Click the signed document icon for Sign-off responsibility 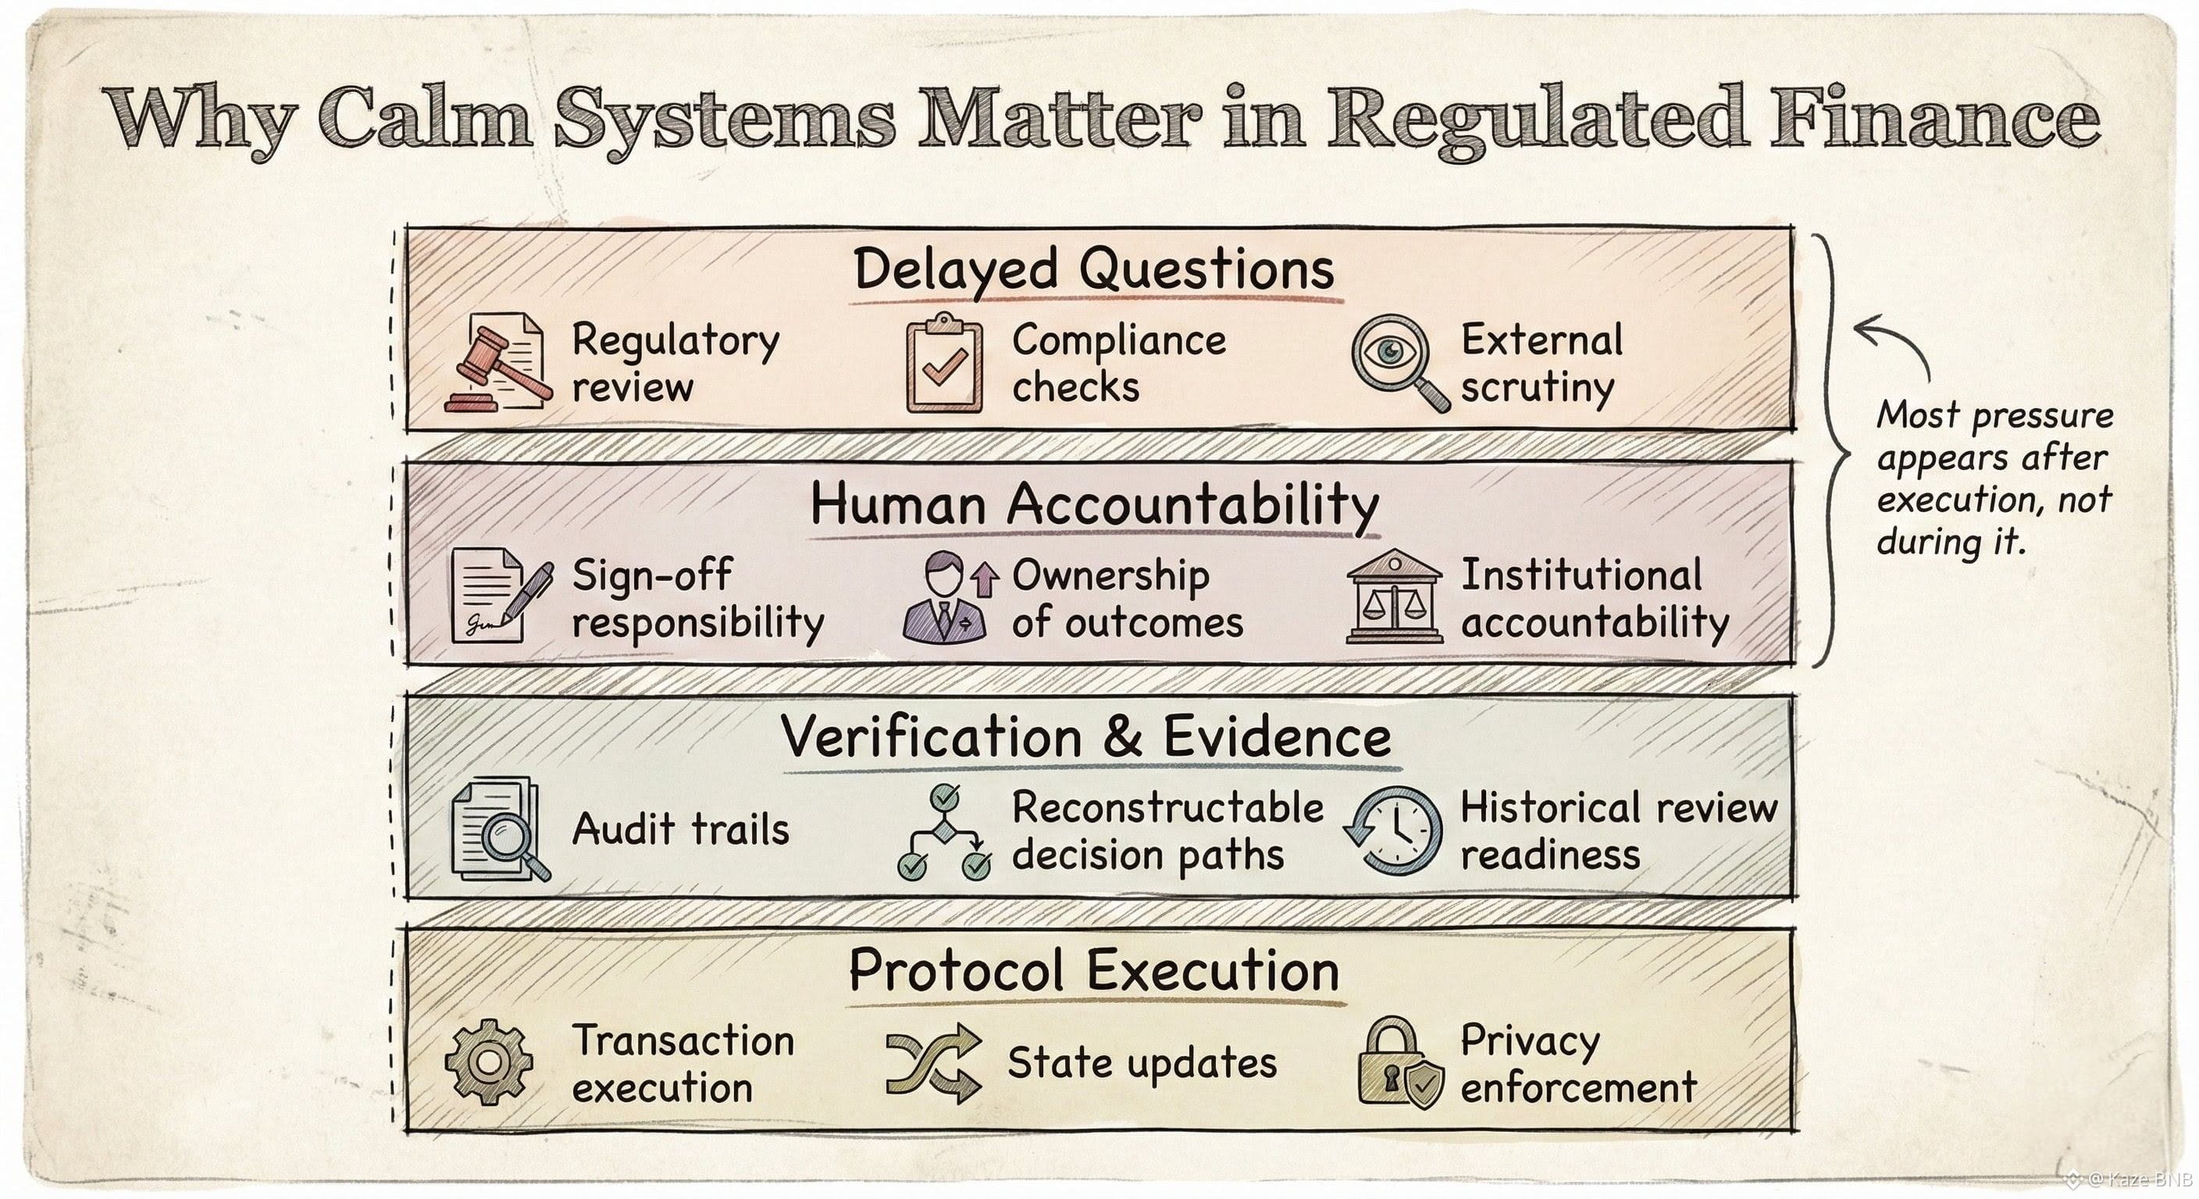click(498, 596)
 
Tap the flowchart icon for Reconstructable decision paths click(944, 831)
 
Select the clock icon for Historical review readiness click(1394, 830)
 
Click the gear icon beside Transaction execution click(488, 1062)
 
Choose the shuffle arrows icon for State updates click(933, 1063)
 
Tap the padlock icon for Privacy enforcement click(1399, 1063)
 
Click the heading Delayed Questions click(1093, 269)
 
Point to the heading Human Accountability click(1093, 503)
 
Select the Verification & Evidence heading click(1086, 738)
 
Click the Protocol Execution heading click(1093, 970)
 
